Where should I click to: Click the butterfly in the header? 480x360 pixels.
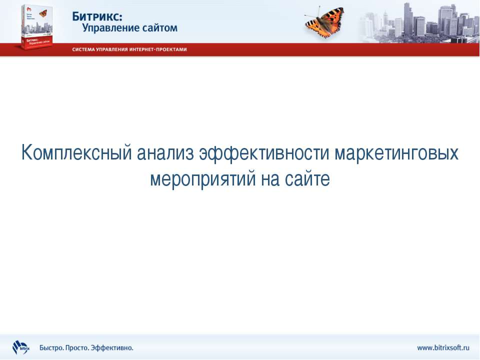tap(324, 22)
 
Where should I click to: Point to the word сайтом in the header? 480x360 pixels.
tap(158, 28)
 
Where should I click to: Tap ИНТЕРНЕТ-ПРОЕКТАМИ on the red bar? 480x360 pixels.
tap(160, 50)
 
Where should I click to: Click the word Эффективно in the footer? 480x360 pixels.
tap(114, 347)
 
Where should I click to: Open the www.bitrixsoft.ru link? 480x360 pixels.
tap(443, 347)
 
